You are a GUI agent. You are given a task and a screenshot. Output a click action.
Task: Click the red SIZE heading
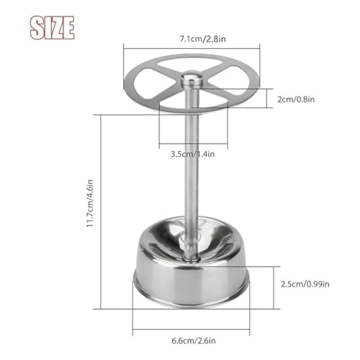[52, 27]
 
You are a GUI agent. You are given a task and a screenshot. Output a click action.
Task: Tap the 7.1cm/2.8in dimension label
[203, 39]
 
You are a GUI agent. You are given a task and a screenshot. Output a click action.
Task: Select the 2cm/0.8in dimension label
[296, 99]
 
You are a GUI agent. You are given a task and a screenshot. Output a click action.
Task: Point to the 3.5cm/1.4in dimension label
[192, 154]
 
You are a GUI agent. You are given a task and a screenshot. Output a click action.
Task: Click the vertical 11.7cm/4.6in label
[90, 203]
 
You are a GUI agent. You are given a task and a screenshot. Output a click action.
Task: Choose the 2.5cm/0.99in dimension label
[305, 284]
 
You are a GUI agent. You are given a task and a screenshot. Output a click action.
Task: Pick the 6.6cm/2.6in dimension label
[194, 341]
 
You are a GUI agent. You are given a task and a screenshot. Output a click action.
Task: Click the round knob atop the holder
[192, 79]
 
